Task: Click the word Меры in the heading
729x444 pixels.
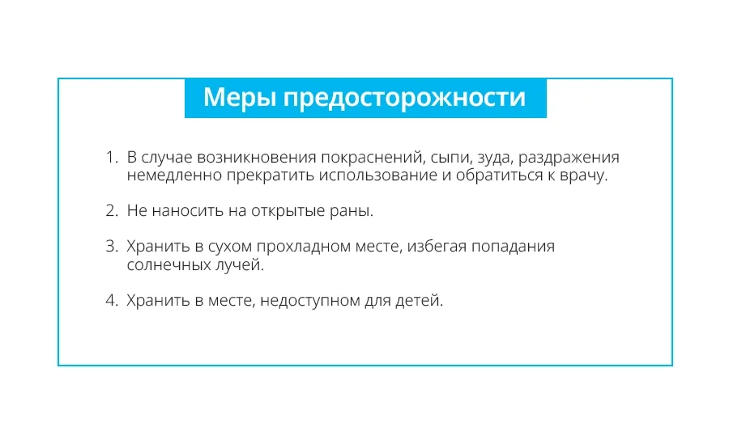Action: [x=240, y=98]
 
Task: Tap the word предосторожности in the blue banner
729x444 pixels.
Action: [x=404, y=99]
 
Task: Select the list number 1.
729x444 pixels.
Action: [x=112, y=158]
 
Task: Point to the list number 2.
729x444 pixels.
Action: [x=112, y=211]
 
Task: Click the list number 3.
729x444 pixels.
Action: [x=112, y=246]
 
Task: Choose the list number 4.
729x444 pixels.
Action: [x=112, y=301]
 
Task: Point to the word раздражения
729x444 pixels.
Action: [x=569, y=159]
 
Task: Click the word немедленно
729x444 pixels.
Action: [x=174, y=175]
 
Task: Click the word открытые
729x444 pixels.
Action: [x=288, y=211]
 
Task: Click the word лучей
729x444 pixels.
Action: [x=239, y=265]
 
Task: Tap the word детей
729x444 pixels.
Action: [x=419, y=301]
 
